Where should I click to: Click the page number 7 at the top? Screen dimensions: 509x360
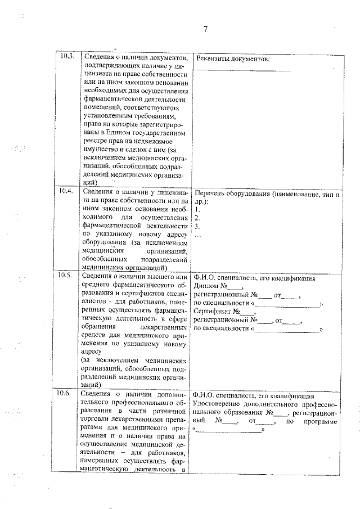[x=206, y=30]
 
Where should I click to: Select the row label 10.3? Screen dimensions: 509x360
[x=67, y=57]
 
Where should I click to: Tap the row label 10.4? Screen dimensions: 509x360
[x=67, y=192]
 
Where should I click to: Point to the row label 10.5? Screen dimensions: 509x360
[x=67, y=276]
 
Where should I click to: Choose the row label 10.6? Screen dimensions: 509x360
[x=67, y=393]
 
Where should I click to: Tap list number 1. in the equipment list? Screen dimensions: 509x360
[x=196, y=210]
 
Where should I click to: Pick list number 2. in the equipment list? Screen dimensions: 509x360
[x=196, y=218]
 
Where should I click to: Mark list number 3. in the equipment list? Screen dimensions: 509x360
[x=196, y=226]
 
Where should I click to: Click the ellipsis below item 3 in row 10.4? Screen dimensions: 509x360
[x=197, y=235]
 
